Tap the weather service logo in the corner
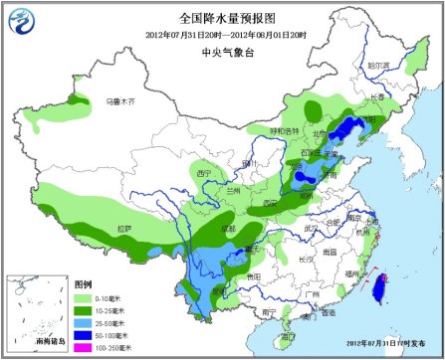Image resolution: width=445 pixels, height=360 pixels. coord(18,18)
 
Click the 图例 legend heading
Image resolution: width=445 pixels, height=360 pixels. coord(84,283)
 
